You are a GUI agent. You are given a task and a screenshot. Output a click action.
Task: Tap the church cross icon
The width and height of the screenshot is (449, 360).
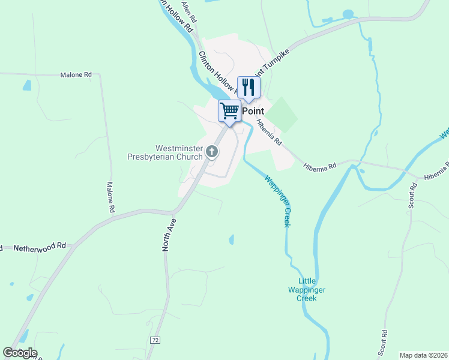(x=211, y=152)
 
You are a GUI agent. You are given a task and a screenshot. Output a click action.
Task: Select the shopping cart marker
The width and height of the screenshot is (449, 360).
(x=229, y=110)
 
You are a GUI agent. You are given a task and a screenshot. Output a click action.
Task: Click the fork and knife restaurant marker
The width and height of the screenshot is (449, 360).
(x=249, y=87)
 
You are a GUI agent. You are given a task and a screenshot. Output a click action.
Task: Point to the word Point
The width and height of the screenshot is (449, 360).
(x=253, y=111)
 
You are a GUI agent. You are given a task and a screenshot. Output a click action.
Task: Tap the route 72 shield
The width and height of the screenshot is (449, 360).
(x=155, y=340)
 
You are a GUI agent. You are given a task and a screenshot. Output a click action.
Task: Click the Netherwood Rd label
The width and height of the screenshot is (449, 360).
(x=40, y=247)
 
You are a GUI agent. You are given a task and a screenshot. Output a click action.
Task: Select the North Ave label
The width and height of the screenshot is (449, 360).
(x=169, y=235)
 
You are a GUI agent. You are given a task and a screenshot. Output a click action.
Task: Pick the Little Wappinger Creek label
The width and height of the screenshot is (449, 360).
(x=312, y=289)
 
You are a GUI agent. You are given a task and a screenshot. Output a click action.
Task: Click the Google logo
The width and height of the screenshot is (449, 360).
(x=20, y=353)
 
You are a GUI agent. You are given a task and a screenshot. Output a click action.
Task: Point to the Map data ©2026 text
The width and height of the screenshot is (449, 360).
(x=423, y=355)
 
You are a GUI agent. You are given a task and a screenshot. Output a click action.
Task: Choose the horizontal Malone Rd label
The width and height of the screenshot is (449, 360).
(x=76, y=75)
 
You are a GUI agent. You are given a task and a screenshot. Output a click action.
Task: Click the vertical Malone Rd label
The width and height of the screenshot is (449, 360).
(x=110, y=198)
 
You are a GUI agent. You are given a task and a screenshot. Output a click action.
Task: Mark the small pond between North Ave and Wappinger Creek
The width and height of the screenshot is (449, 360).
(x=231, y=239)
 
